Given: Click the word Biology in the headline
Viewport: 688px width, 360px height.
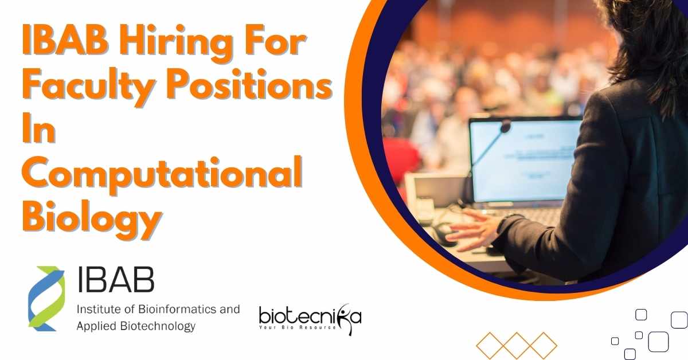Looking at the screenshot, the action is pyautogui.click(x=92, y=219).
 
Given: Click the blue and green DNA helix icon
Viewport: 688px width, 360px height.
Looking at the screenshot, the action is pyautogui.click(x=46, y=299).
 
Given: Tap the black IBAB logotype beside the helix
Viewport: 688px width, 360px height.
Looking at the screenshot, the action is pyautogui.click(x=116, y=280).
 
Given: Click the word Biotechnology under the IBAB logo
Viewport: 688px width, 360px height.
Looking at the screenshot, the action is pyautogui.click(x=158, y=326).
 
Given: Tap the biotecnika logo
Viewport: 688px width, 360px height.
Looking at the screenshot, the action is pyautogui.click(x=310, y=319).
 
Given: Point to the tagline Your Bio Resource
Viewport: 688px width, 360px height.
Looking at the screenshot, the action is pyautogui.click(x=298, y=327).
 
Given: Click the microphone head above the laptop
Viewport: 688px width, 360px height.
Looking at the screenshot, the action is pyautogui.click(x=505, y=126).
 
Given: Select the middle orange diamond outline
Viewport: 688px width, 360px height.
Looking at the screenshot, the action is pyautogui.click(x=517, y=345).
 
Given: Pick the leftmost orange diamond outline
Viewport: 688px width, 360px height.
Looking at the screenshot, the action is pyautogui.click(x=490, y=345).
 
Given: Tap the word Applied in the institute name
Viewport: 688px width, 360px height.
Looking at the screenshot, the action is pyautogui.click(x=96, y=326).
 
